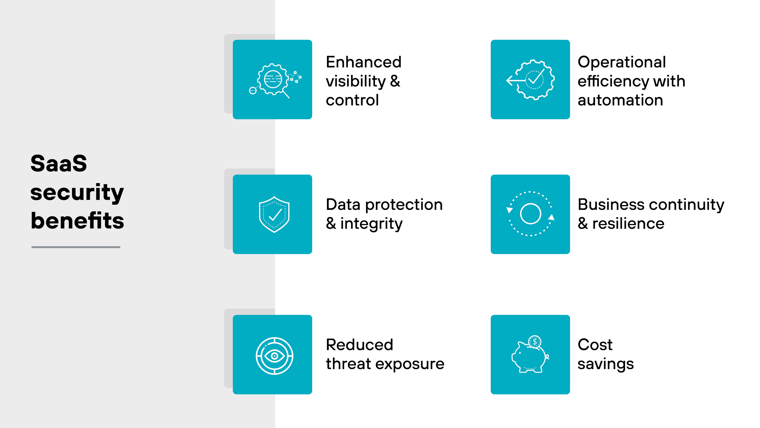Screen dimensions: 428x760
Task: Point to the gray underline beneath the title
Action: pyautogui.click(x=76, y=247)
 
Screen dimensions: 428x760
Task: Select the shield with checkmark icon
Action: pyautogui.click(x=274, y=214)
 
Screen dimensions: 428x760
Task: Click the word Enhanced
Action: pyautogui.click(x=363, y=62)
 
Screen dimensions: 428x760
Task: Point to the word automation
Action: pyautogui.click(x=620, y=100)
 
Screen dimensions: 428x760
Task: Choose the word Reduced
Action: pyautogui.click(x=359, y=345)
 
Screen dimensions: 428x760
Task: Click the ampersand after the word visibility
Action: pyautogui.click(x=395, y=81)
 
